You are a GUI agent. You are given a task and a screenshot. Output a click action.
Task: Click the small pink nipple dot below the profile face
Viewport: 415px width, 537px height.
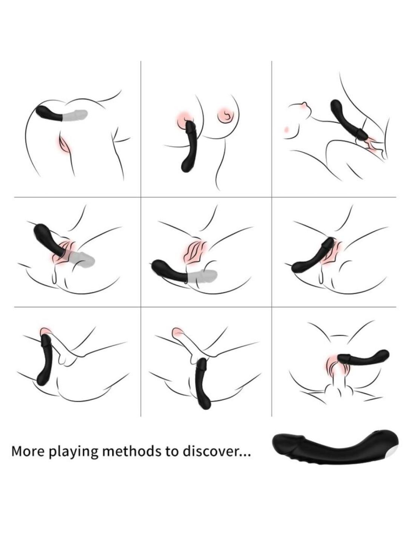(x=287, y=129)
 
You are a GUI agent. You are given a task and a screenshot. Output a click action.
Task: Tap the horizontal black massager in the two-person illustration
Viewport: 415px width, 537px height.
(x=363, y=359)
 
